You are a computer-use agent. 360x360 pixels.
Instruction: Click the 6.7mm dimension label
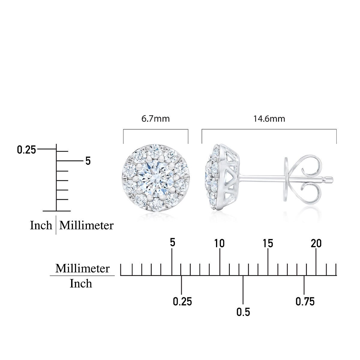tap(155, 119)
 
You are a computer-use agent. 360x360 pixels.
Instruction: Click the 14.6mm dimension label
tap(269, 119)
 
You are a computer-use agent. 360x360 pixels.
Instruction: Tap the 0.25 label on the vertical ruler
tap(26, 150)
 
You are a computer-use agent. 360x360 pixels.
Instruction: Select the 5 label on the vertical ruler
tap(88, 161)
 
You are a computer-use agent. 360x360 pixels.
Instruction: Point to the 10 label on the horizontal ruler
tap(219, 243)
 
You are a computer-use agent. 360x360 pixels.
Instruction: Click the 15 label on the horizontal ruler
tap(268, 243)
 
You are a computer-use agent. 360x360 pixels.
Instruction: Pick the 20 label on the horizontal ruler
tap(316, 243)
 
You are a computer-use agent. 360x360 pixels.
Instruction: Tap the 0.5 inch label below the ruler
tap(243, 312)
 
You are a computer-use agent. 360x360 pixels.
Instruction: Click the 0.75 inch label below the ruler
tap(305, 301)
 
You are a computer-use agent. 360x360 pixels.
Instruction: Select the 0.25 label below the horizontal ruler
tap(182, 301)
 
